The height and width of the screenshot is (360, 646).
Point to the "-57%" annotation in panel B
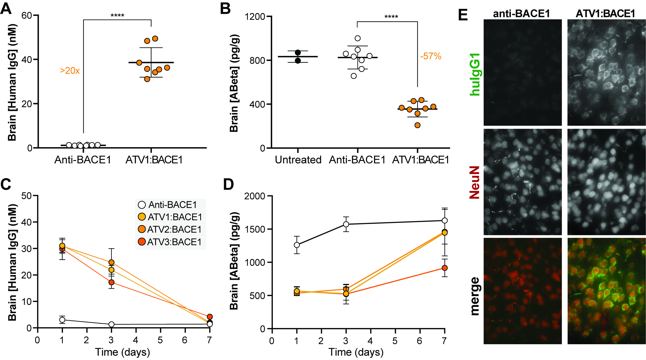point(431,56)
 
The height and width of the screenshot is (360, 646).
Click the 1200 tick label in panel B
point(255,17)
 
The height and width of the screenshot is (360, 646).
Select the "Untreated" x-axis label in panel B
point(298,160)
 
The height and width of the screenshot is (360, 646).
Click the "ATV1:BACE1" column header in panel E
point(605,13)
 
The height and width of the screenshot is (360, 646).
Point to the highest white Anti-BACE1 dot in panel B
point(358,38)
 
